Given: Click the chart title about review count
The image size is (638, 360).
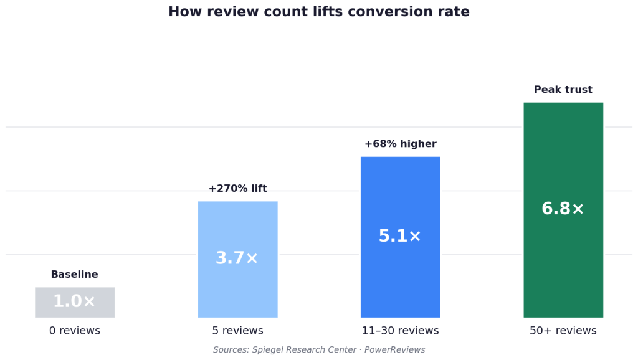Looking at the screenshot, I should click(x=318, y=12).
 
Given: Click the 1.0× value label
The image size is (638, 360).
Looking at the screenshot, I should click(x=75, y=301).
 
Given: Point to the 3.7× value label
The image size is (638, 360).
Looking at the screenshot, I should click(x=237, y=258).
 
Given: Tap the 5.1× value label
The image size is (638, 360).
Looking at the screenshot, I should click(x=400, y=237).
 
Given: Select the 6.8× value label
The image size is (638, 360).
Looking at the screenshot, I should click(x=563, y=209).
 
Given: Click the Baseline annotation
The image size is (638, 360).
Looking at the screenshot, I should click(x=75, y=275).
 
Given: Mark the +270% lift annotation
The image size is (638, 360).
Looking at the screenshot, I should click(x=237, y=189).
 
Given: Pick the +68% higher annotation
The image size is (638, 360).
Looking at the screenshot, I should click(x=400, y=144).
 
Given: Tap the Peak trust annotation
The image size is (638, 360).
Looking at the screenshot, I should click(x=563, y=90).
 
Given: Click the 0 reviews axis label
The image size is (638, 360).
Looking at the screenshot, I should click(x=75, y=331).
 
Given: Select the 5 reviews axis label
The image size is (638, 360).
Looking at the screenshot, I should click(x=237, y=331).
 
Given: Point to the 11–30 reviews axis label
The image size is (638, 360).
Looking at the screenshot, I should click(x=400, y=331).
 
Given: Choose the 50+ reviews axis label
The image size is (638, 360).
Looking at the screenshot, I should click(x=563, y=331).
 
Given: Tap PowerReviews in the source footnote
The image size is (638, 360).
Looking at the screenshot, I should click(x=394, y=350).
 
